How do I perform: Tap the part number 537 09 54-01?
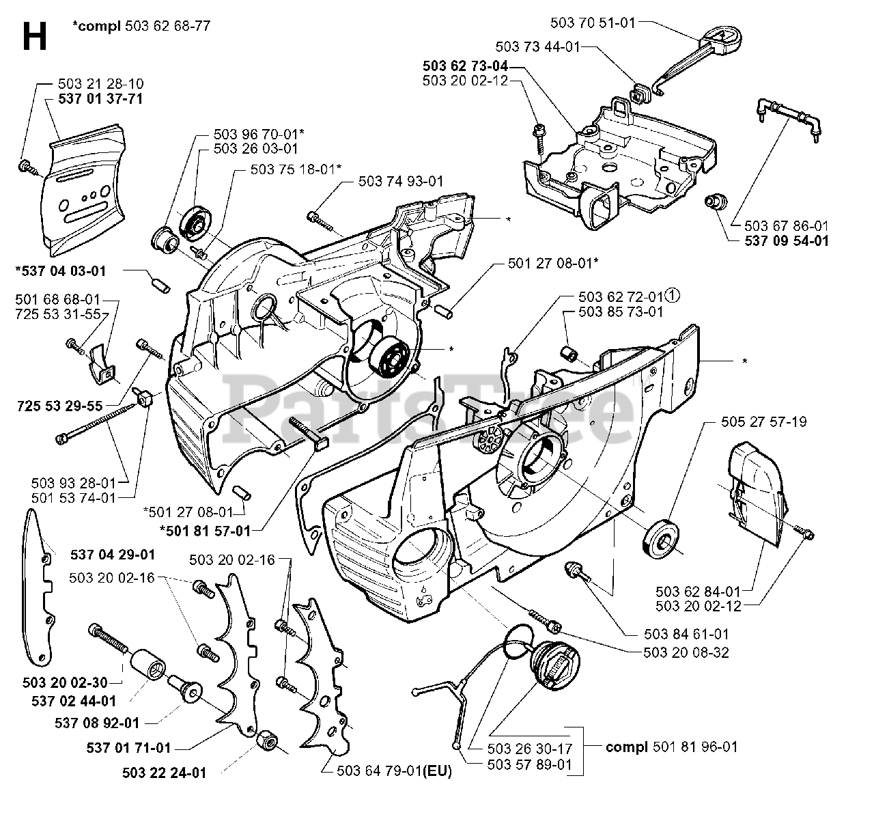(778, 240)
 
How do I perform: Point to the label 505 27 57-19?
(763, 421)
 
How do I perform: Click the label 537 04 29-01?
(112, 554)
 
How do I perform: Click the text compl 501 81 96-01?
(671, 747)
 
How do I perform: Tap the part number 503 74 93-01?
(400, 181)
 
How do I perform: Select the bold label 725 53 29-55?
(59, 406)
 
